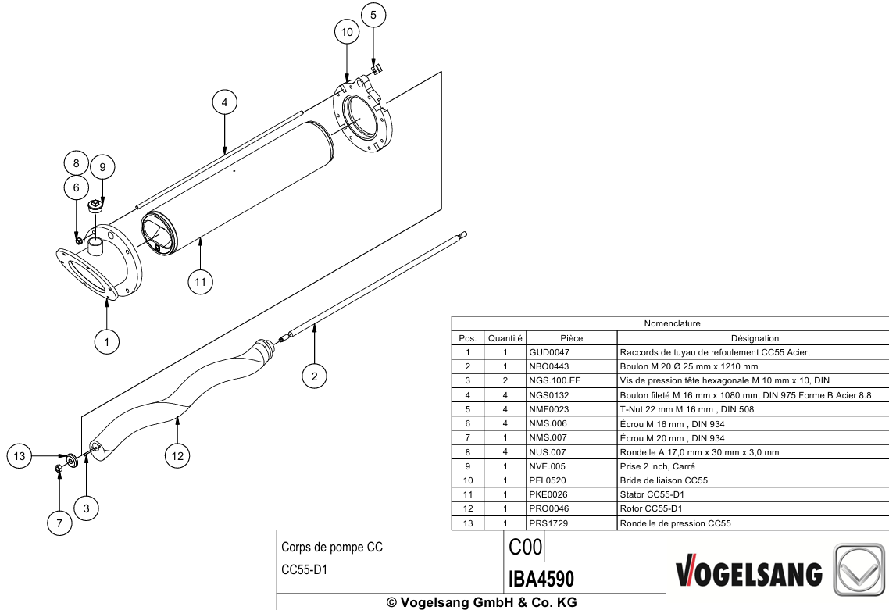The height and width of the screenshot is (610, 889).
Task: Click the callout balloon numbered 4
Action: click(224, 102)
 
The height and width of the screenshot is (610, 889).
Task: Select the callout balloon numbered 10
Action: click(347, 32)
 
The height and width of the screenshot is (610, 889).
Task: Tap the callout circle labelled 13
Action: click(20, 456)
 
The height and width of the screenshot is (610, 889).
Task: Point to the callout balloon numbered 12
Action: click(177, 456)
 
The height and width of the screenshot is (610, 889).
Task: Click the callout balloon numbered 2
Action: click(314, 376)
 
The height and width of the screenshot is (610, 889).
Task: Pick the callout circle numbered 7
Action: click(59, 523)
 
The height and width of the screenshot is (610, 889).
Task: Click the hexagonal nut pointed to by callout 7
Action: click(58, 469)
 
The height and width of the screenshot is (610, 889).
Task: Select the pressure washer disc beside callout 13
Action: click(72, 458)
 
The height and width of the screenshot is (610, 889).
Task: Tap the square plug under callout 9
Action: click(96, 205)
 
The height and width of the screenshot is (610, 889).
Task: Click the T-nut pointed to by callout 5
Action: click(376, 70)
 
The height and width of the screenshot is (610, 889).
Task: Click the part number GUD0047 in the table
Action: click(549, 352)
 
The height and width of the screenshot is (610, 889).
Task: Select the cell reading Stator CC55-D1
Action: click(652, 494)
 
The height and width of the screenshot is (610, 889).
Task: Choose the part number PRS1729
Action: click(548, 523)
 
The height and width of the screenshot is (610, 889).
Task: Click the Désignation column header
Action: click(755, 338)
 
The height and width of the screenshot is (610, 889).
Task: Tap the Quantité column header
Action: click(505, 338)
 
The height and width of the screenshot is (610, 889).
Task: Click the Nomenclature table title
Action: click(672, 323)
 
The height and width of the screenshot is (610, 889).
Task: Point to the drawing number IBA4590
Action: click(541, 579)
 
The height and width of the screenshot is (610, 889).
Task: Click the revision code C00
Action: click(526, 547)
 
